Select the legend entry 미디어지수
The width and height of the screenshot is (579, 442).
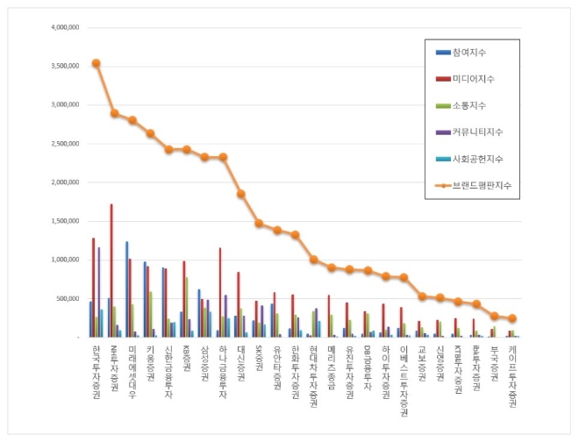pyautogui.click(x=475, y=79)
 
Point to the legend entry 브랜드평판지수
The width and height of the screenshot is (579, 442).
pyautogui.click(x=482, y=186)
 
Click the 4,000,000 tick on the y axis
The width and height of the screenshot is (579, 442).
pyautogui.click(x=66, y=27)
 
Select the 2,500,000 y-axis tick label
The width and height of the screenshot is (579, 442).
pyautogui.click(x=66, y=144)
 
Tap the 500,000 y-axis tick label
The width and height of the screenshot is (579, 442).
pyautogui.click(x=68, y=299)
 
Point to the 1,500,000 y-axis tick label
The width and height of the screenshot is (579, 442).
pyautogui.click(x=66, y=221)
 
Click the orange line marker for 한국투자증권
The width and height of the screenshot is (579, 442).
pyautogui.click(x=96, y=63)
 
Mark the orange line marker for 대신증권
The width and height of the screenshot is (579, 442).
pyautogui.click(x=240, y=194)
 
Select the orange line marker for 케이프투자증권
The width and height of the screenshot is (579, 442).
pyautogui.click(x=512, y=318)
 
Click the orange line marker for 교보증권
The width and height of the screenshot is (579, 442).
pyautogui.click(x=422, y=296)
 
